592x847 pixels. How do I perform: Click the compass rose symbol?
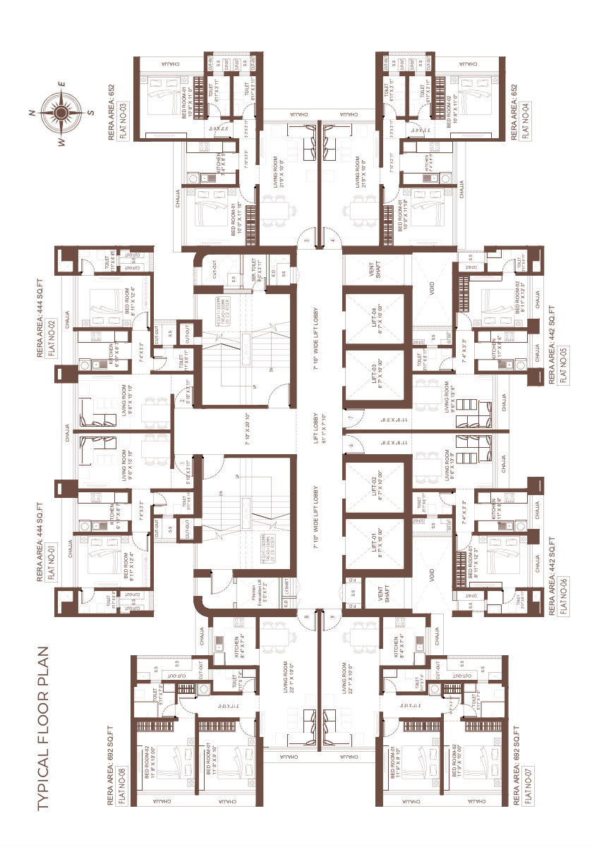(x=61, y=111)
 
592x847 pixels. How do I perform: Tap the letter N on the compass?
(x=32, y=113)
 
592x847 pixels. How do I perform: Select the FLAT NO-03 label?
(x=123, y=119)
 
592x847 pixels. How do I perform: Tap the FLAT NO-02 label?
(x=51, y=340)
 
